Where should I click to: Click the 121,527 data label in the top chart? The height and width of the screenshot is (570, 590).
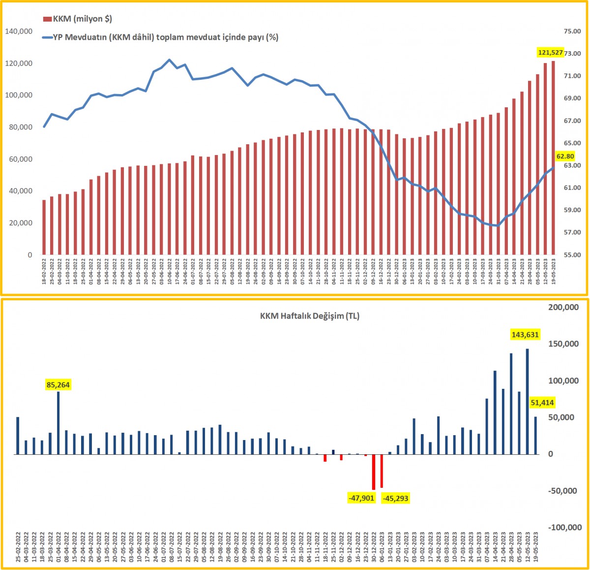(x=550, y=52)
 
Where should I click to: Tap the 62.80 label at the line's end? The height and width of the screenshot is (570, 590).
(x=565, y=157)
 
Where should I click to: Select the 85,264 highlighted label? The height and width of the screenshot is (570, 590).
(x=58, y=385)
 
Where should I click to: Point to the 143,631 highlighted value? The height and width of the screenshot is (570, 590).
(x=525, y=335)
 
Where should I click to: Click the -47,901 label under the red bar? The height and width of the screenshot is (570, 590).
(x=361, y=498)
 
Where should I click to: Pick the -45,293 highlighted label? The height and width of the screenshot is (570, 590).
(x=395, y=498)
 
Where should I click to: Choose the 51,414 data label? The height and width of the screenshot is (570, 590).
(x=542, y=403)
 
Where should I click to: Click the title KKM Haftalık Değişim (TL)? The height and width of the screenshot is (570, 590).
(x=310, y=316)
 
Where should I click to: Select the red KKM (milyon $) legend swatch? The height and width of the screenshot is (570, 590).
(x=47, y=19)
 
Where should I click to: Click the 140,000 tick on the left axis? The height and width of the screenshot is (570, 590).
(x=19, y=32)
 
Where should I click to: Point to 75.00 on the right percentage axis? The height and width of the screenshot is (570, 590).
(x=572, y=32)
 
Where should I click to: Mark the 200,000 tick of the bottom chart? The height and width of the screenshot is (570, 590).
(x=563, y=307)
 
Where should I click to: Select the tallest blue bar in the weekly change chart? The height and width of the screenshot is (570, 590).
(x=527, y=401)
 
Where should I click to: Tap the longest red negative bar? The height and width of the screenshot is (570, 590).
(x=374, y=472)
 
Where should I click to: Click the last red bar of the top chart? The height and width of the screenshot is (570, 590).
(x=553, y=158)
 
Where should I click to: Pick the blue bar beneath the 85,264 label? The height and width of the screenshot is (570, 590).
(x=58, y=422)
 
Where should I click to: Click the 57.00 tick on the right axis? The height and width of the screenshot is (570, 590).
(x=572, y=232)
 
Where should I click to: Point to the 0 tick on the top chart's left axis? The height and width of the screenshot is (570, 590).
(x=29, y=255)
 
